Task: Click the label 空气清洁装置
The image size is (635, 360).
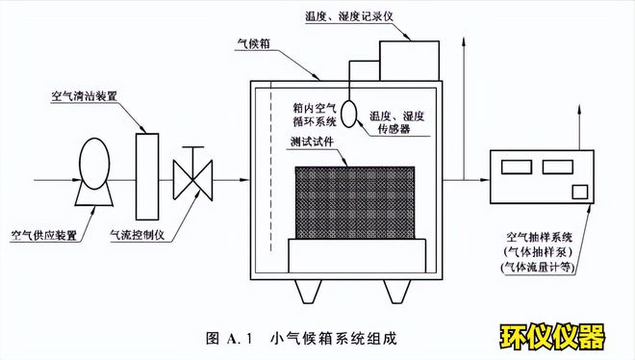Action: click(85, 97)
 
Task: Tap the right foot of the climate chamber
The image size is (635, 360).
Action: click(395, 291)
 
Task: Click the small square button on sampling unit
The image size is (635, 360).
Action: click(580, 190)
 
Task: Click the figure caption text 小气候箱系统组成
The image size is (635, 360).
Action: click(334, 338)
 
